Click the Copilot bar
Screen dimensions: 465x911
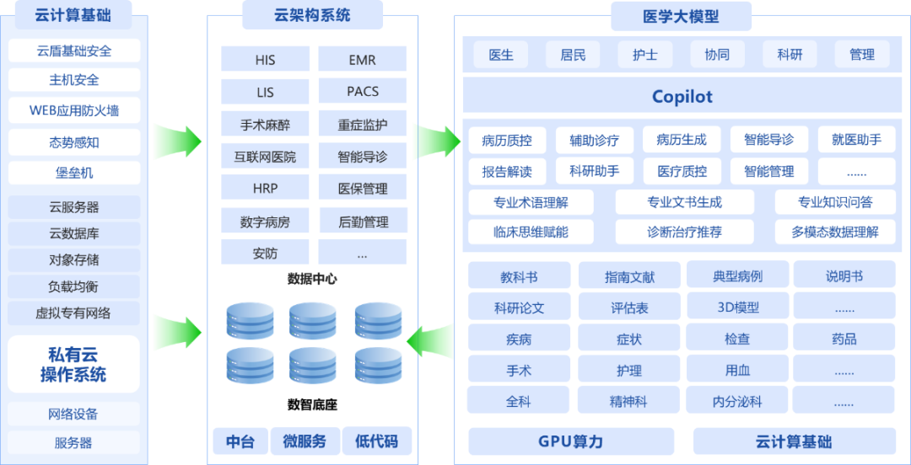(x=682, y=96)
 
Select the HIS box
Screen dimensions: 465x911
(x=265, y=60)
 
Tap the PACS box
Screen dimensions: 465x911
(x=363, y=91)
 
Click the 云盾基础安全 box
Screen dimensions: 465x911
(x=74, y=51)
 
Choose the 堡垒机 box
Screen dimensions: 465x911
(x=74, y=173)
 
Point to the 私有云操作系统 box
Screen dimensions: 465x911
(x=73, y=364)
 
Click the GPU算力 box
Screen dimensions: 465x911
(x=571, y=441)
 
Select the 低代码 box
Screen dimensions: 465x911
(x=376, y=441)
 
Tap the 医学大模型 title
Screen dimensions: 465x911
(x=681, y=16)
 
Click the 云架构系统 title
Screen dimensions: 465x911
(x=312, y=14)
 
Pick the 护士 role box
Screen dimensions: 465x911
(x=645, y=55)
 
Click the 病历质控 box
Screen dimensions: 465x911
(x=507, y=140)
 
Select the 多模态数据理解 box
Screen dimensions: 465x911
(x=835, y=232)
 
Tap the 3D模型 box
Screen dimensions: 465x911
(x=738, y=307)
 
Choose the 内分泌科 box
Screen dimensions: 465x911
(x=737, y=402)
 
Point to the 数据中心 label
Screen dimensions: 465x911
(x=312, y=279)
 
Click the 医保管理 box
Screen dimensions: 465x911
(x=363, y=188)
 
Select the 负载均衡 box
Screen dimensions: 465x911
(x=73, y=286)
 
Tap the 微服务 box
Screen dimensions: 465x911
(x=305, y=441)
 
